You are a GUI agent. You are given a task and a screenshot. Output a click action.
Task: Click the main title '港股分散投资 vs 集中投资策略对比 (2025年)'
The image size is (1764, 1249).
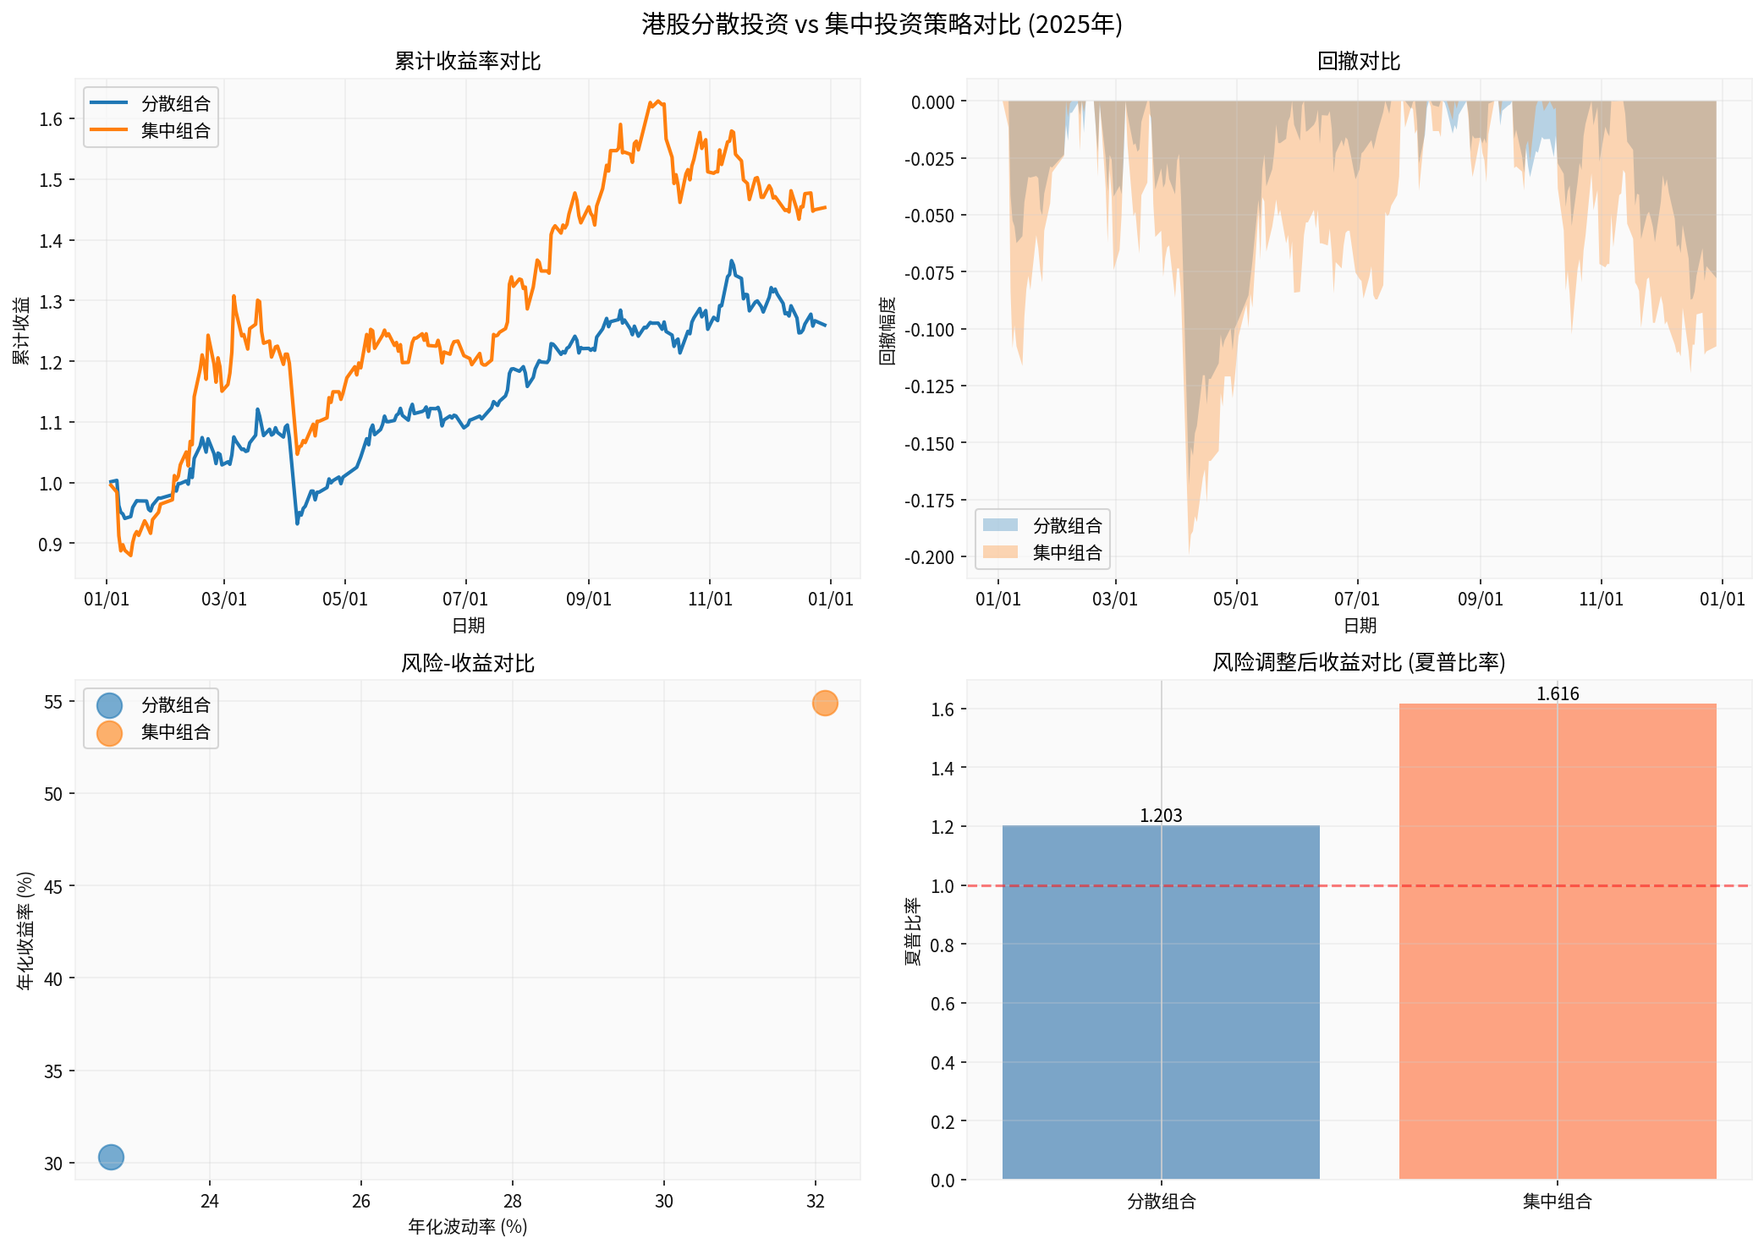[x=882, y=24]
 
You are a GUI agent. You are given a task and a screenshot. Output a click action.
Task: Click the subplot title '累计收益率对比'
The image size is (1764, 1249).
[x=467, y=61]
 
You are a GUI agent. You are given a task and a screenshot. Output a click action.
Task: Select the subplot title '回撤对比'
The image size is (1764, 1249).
[x=1359, y=61]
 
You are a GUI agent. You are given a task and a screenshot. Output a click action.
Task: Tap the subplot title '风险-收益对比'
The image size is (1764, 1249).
[x=467, y=663]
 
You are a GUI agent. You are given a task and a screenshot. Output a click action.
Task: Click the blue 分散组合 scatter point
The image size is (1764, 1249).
[x=111, y=1157]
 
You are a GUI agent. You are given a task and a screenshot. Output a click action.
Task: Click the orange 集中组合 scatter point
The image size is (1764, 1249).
[x=825, y=703]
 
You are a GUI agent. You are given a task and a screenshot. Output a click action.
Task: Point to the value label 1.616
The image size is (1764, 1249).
[x=1557, y=694]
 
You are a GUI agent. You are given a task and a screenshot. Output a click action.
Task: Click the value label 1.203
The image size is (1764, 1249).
[x=1160, y=816]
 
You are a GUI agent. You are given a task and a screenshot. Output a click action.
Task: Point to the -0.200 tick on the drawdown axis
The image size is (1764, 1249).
[x=929, y=557]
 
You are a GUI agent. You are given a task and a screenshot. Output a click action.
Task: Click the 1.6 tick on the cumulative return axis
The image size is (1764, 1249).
[x=51, y=119]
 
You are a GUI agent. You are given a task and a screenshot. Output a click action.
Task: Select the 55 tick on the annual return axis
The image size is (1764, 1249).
[x=53, y=702]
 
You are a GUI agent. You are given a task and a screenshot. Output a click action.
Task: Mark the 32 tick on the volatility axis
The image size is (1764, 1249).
[x=816, y=1202]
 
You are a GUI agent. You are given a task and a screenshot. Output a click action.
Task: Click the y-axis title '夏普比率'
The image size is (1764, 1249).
[x=913, y=931]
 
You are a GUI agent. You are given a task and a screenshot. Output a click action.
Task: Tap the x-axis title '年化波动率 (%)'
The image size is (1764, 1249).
[x=467, y=1227]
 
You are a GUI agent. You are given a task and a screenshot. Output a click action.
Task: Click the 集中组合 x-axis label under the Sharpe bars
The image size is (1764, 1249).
[x=1557, y=1202]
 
